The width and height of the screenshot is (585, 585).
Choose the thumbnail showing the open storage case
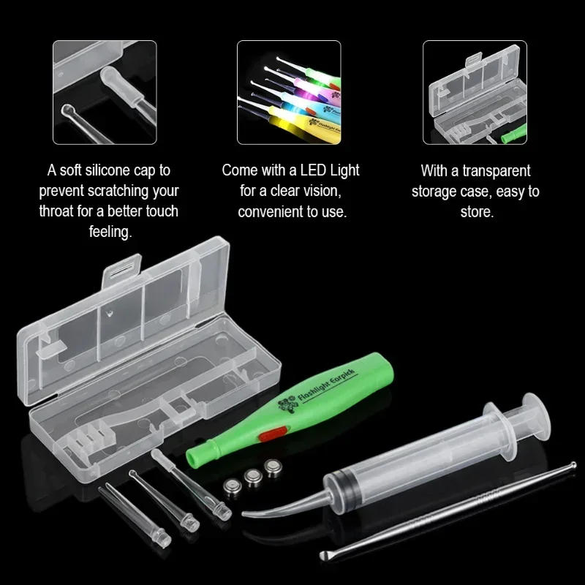click(x=475, y=93)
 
